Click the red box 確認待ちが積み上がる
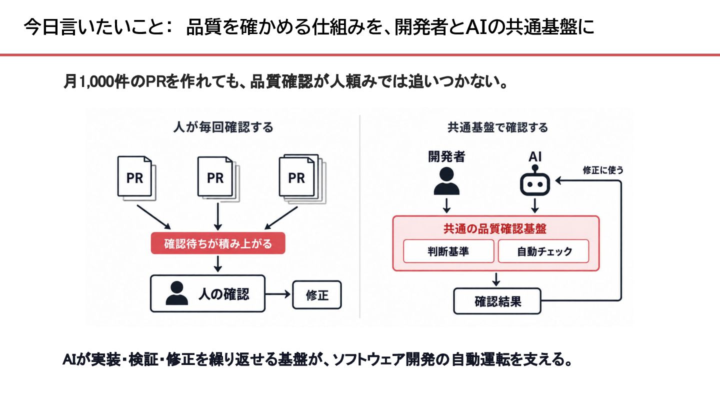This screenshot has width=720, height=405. pyautogui.click(x=218, y=243)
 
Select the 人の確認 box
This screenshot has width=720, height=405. pyautogui.click(x=207, y=293)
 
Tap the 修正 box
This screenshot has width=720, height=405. pyautogui.click(x=317, y=295)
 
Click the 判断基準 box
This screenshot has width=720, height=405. pyautogui.click(x=448, y=251)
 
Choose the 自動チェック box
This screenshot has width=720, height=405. pyautogui.click(x=543, y=251)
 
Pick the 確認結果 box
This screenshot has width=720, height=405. pyautogui.click(x=497, y=301)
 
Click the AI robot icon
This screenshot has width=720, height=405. pyautogui.click(x=535, y=180)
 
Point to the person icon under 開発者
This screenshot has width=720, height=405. pyautogui.click(x=446, y=181)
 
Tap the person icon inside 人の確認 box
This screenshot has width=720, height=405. pyautogui.click(x=177, y=293)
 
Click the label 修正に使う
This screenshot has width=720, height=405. pyautogui.click(x=603, y=170)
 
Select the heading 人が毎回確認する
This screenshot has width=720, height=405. pyautogui.click(x=223, y=127)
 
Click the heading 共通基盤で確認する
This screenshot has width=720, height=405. pyautogui.click(x=497, y=127)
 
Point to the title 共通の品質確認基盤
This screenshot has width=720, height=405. pyautogui.click(x=495, y=229)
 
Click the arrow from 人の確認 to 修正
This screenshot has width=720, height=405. pyautogui.click(x=278, y=294)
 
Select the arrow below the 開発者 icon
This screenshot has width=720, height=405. pyautogui.click(x=446, y=205)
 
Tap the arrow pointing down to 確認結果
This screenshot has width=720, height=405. pyautogui.click(x=496, y=279)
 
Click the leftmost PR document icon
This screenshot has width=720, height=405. pyautogui.click(x=136, y=178)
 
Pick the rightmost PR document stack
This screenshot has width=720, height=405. pyautogui.click(x=302, y=179)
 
